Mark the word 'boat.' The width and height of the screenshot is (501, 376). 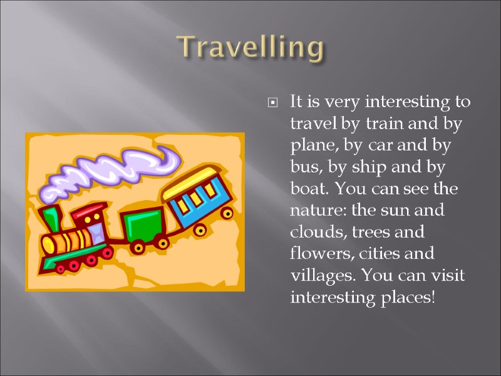tap(309, 189)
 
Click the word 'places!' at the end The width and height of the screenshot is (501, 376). tap(406, 297)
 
